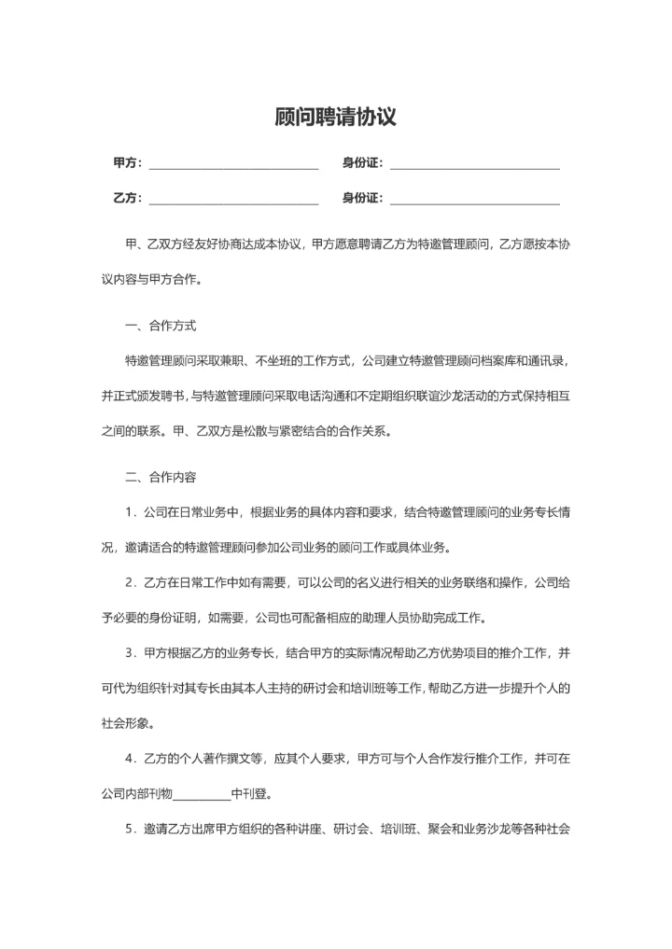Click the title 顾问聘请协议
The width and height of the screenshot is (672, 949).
336,117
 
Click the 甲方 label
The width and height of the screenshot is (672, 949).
126,163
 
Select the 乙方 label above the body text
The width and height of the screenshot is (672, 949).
126,198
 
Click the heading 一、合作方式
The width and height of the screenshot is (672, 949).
160,326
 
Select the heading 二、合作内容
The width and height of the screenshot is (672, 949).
160,477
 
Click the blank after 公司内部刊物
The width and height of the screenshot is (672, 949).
202,795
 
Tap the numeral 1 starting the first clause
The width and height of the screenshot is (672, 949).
129,512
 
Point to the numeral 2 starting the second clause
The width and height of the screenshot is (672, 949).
129,583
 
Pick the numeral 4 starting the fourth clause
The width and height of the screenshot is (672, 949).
129,759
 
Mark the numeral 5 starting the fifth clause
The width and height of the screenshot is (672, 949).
129,829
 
